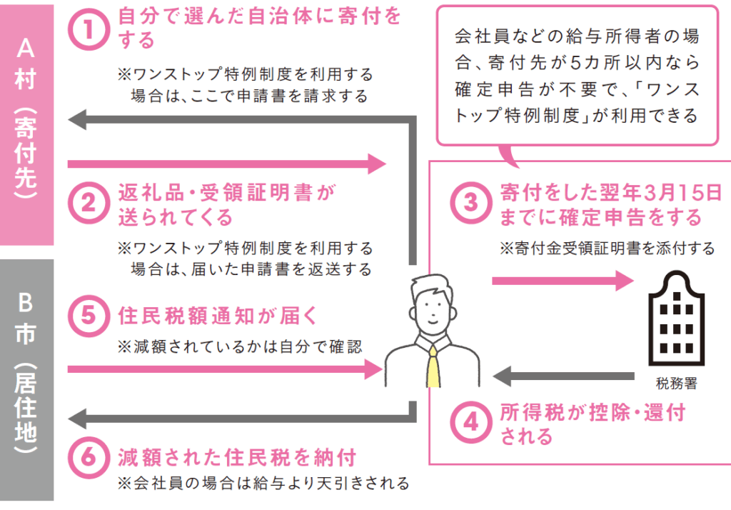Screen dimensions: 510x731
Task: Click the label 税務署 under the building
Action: [675, 383]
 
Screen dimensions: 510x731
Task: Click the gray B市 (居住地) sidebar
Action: [26, 379]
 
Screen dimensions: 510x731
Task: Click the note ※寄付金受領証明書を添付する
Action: [606, 248]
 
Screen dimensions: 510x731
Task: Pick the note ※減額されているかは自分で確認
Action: [240, 346]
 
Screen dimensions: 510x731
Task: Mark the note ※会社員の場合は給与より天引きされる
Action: [263, 484]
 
